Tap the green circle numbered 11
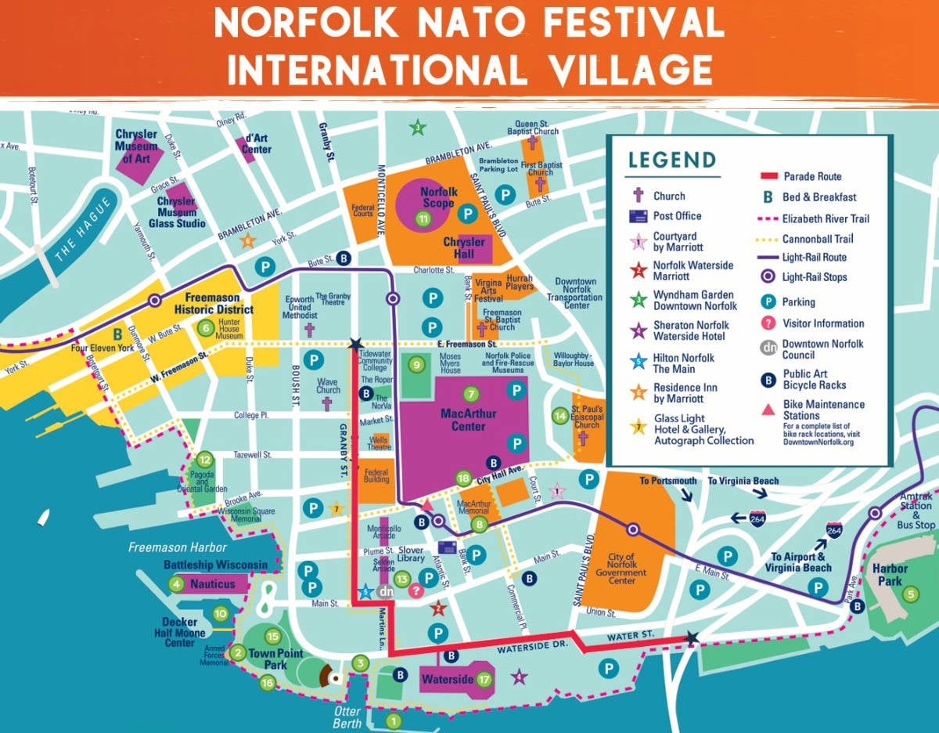point(424,219)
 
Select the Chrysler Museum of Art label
point(136,146)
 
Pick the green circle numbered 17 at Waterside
point(484,680)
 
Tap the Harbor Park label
point(890,575)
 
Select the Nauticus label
point(212,583)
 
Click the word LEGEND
point(671,160)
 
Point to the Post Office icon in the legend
point(639,216)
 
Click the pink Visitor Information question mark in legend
point(768,323)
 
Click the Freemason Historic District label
point(219,303)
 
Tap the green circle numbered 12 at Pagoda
point(205,460)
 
